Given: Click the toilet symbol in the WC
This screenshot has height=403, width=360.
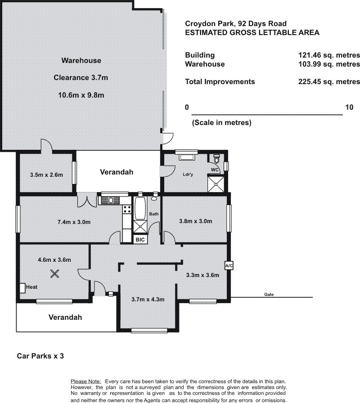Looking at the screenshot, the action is click(x=216, y=159).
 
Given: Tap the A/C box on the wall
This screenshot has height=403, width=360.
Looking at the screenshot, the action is click(x=229, y=265).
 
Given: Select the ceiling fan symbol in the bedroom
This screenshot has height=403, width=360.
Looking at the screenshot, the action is click(x=54, y=274).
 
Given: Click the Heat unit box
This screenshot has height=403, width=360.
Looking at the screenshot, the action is click(x=22, y=287).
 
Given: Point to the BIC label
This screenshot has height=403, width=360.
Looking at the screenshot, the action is click(x=140, y=240).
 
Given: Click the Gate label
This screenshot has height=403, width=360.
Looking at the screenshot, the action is click(x=269, y=295).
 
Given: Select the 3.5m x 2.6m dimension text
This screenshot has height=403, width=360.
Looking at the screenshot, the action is click(x=46, y=175).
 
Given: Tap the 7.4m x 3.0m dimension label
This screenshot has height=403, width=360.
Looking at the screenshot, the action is click(x=74, y=222).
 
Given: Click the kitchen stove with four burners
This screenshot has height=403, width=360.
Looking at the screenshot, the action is click(x=127, y=209).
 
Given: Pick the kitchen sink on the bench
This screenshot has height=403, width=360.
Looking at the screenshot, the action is click(x=111, y=200).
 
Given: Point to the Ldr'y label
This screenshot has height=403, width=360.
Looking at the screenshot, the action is click(x=188, y=175).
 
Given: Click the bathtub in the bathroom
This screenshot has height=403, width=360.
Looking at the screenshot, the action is click(x=140, y=208).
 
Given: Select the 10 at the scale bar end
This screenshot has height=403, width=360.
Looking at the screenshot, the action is click(x=349, y=107).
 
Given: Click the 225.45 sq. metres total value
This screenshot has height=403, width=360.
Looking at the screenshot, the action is click(x=329, y=81).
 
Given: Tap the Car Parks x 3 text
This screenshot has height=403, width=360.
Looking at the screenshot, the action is click(x=40, y=356).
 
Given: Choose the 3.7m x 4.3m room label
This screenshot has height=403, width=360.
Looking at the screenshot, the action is click(x=148, y=300).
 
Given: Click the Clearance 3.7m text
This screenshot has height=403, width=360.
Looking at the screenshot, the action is click(x=81, y=78).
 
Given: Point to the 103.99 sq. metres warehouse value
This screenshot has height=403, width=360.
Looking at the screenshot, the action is click(x=329, y=64).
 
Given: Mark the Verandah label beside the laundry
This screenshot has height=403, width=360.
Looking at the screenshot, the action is click(x=117, y=172).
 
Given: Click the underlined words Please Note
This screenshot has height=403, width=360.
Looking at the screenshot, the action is click(x=86, y=381).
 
